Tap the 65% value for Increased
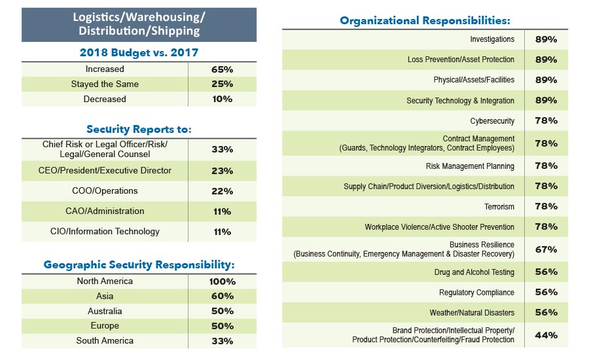point(222,69)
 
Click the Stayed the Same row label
point(105,84)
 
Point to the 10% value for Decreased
point(222,99)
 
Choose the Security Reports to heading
point(139,129)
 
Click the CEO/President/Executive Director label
point(105,171)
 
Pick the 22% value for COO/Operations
point(222,191)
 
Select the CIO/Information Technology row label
point(105,232)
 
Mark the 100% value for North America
point(222,281)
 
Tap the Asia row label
point(105,297)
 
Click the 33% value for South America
point(222,340)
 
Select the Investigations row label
point(492,39)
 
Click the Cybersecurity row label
point(492,121)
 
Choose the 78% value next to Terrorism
point(546,206)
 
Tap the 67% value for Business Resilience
point(546,249)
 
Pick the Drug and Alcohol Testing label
point(474,272)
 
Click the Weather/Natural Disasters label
point(472,313)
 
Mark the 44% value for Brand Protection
point(546,335)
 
